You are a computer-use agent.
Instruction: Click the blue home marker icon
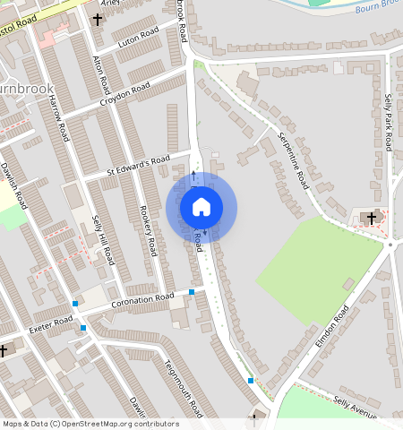point(201,208)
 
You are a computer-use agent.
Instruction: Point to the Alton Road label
point(102,75)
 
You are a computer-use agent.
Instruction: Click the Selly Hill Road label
point(105,242)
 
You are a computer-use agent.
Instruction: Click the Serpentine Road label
point(293,160)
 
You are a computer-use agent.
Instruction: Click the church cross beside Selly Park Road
point(371,218)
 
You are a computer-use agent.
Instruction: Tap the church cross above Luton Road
point(98,19)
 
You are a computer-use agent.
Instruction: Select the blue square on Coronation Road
point(192,292)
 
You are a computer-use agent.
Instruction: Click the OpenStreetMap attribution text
point(90,424)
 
